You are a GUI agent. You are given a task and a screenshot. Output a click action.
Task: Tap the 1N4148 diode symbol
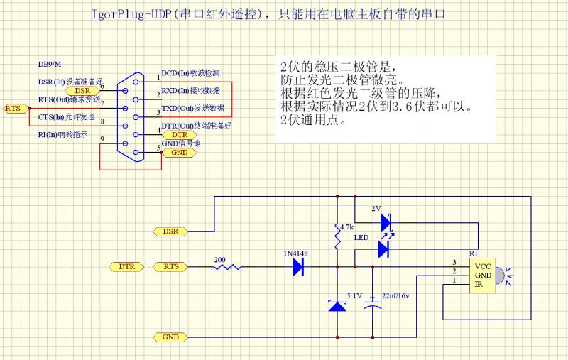[298, 267]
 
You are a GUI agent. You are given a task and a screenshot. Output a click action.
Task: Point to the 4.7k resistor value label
[346, 227]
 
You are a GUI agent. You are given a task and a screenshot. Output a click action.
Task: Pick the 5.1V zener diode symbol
[337, 305]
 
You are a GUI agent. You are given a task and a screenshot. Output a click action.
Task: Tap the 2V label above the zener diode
[376, 209]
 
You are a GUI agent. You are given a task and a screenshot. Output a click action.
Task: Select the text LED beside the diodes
[361, 239]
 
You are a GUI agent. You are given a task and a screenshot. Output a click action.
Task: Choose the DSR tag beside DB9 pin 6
[82, 91]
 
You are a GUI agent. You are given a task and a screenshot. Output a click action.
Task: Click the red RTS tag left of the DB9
[13, 108]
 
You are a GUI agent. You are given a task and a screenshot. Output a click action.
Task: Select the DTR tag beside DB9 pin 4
[180, 134]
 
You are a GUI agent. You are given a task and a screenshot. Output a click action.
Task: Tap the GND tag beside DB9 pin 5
[180, 153]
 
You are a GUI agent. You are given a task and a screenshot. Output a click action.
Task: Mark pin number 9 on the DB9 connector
[103, 138]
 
